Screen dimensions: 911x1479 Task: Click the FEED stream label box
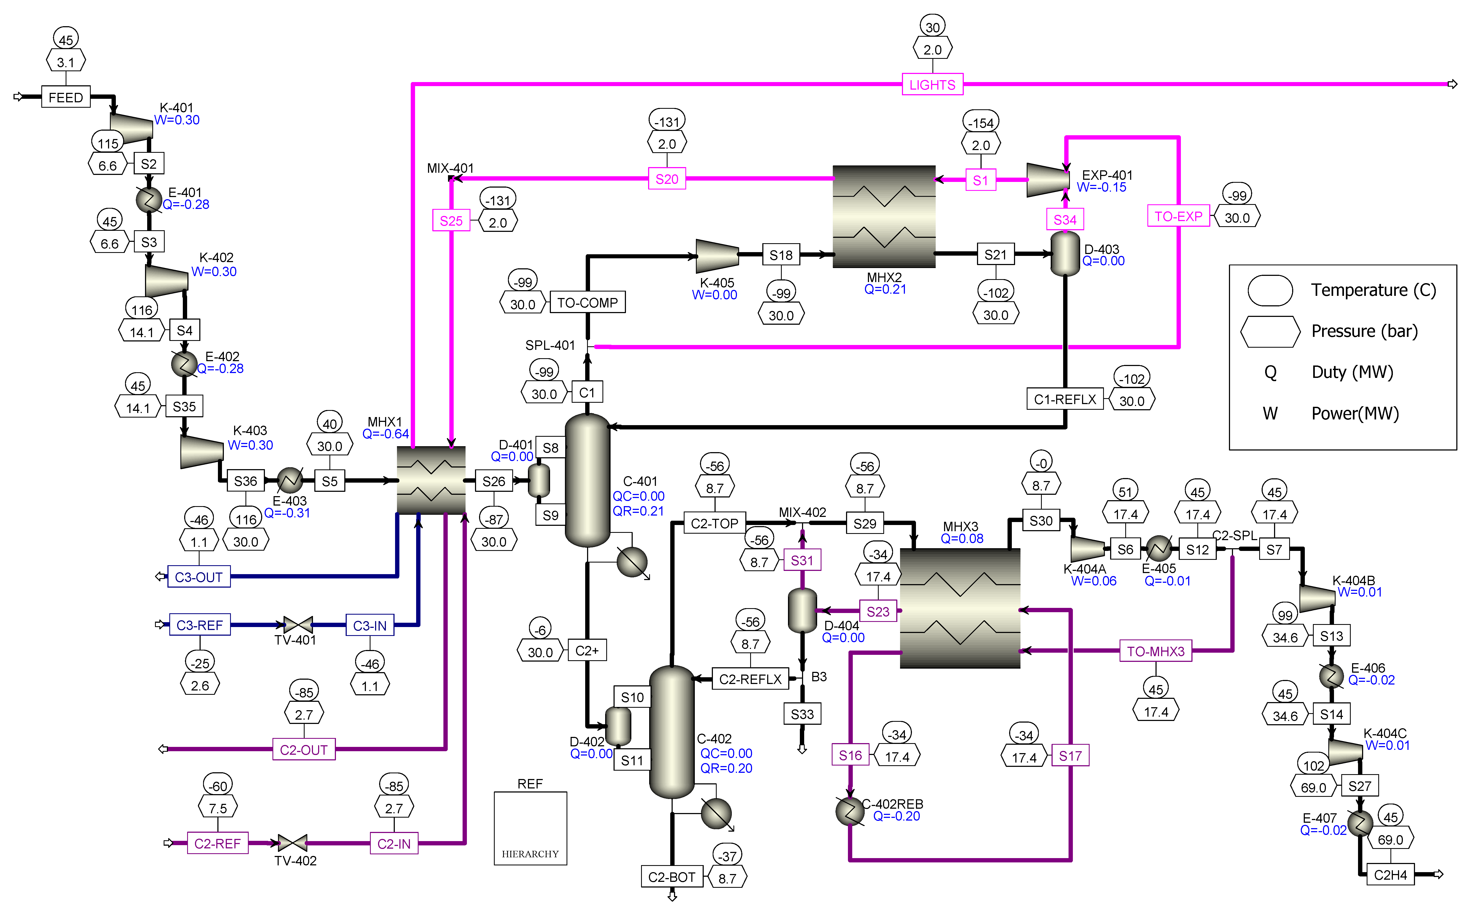click(66, 97)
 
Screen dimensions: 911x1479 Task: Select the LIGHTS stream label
click(932, 84)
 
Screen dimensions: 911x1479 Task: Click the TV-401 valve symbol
click(298, 625)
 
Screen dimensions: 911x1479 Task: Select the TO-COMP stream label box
click(587, 303)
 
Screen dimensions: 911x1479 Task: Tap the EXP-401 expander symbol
click(1047, 180)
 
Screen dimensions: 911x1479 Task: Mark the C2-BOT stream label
click(671, 877)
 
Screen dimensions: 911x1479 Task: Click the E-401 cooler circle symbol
click(149, 199)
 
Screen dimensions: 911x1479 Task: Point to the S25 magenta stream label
click(451, 221)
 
